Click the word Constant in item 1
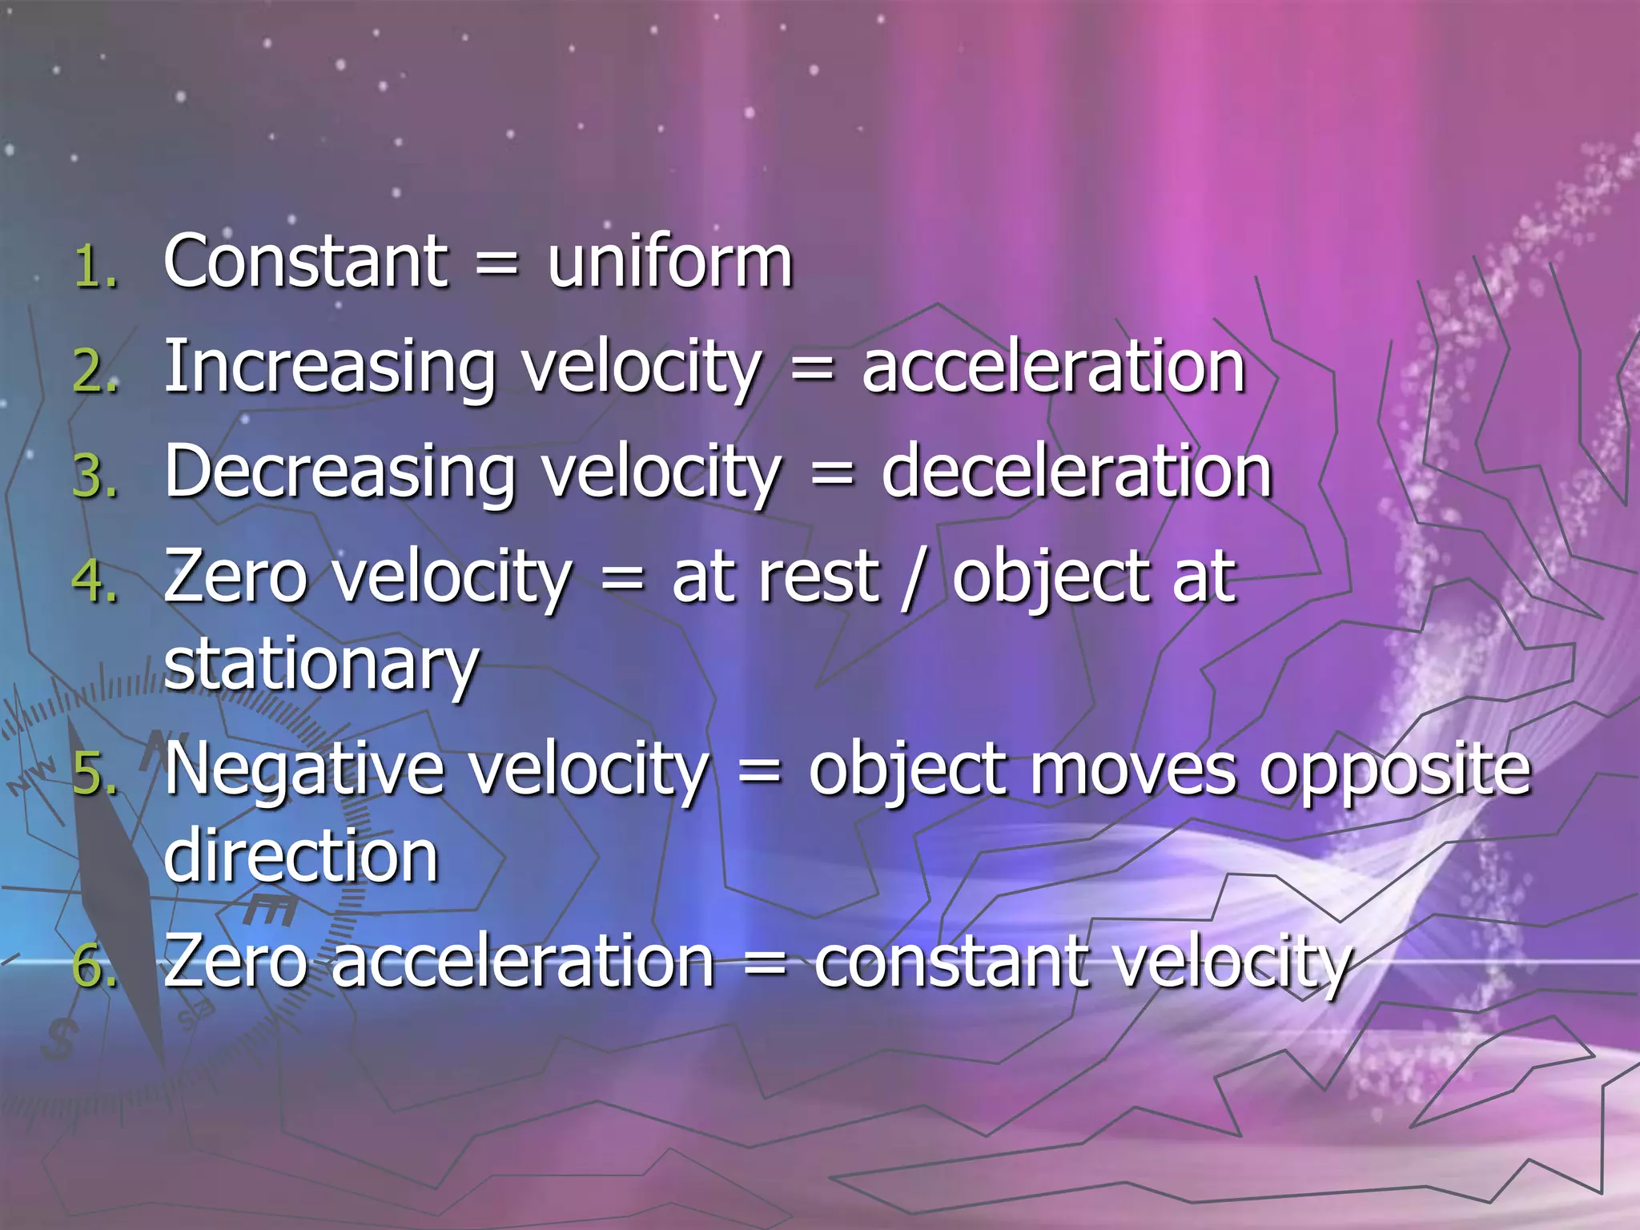[305, 262]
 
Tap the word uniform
[669, 262]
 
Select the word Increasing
[330, 368]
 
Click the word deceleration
[1076, 472]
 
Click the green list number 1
[94, 267]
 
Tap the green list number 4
[94, 581]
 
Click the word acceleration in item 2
[1053, 368]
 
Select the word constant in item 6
[951, 962]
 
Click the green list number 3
[94, 477]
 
